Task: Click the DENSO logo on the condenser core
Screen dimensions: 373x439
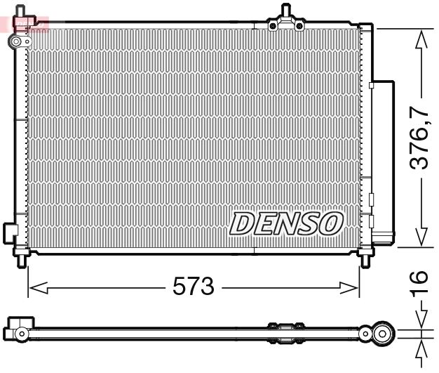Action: point(287,223)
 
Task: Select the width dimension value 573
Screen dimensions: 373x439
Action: point(193,287)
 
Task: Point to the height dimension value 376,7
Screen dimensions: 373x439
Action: point(419,138)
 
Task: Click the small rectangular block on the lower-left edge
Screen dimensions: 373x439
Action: point(10,231)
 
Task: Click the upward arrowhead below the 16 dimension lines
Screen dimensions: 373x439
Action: point(419,349)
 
